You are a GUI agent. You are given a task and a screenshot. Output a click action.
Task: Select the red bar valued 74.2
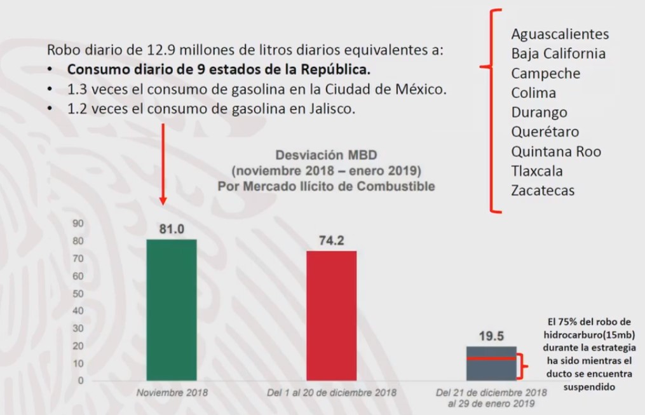pyautogui.click(x=331, y=315)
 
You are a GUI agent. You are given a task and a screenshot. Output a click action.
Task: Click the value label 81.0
pyautogui.click(x=171, y=229)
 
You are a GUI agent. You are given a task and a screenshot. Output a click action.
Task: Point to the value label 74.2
pyautogui.click(x=331, y=240)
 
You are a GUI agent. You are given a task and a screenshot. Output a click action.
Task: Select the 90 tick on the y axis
pyautogui.click(x=78, y=223)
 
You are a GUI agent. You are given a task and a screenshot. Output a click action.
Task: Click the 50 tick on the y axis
pyautogui.click(x=78, y=294)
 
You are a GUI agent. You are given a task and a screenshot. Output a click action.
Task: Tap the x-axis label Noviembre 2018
pyautogui.click(x=172, y=393)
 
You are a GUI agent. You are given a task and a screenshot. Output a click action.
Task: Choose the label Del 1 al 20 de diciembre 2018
pyautogui.click(x=331, y=393)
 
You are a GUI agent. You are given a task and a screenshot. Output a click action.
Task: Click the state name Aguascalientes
pyautogui.click(x=560, y=34)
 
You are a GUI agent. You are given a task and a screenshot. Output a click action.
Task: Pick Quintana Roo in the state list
pyautogui.click(x=555, y=152)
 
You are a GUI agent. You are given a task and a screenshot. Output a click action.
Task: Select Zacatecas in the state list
pyautogui.click(x=543, y=191)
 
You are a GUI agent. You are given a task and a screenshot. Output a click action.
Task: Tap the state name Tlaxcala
pyautogui.click(x=537, y=171)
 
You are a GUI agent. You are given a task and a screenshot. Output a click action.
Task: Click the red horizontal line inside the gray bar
pyautogui.click(x=491, y=358)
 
